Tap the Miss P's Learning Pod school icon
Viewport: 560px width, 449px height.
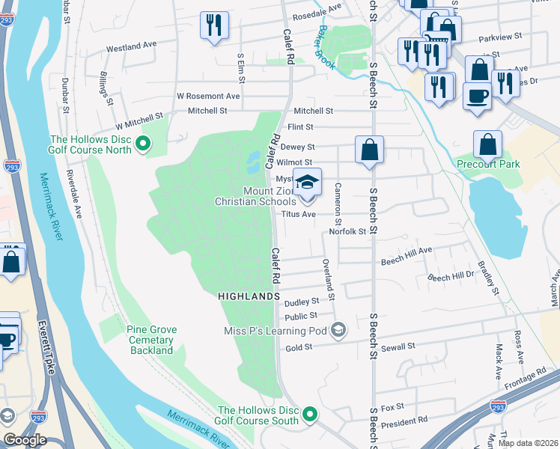point(338,330)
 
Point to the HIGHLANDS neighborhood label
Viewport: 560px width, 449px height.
point(249,297)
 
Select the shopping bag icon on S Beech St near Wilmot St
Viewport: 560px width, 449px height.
point(369,150)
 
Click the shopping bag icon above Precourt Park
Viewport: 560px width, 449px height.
point(487,144)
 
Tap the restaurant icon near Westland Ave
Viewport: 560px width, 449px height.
point(215,25)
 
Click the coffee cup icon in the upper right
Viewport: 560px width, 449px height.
point(477,96)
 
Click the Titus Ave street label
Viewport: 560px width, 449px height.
point(298,214)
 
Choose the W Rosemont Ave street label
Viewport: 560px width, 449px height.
point(208,96)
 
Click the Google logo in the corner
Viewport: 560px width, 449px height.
point(24,440)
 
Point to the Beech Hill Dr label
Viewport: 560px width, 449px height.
point(451,277)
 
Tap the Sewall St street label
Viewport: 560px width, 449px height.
point(401,347)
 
